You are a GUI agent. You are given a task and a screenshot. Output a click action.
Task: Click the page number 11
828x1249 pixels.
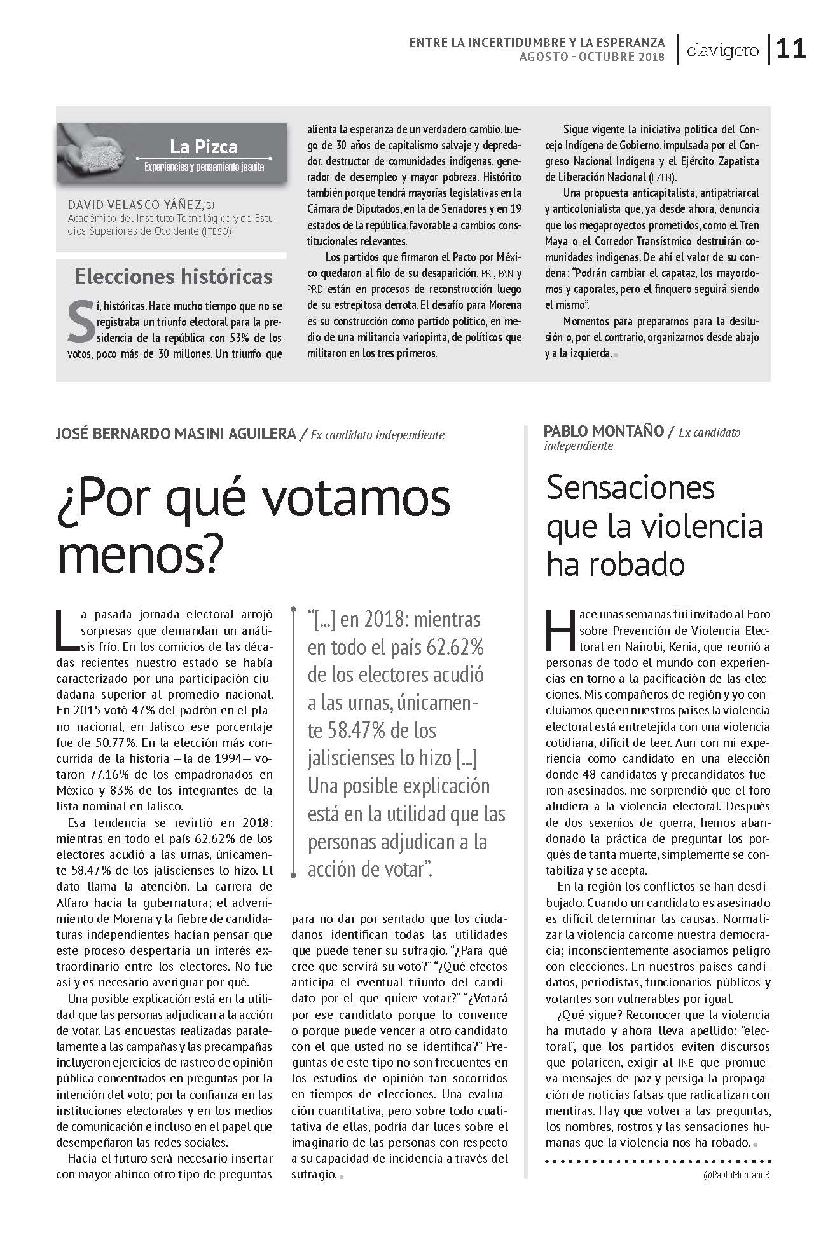pos(790,49)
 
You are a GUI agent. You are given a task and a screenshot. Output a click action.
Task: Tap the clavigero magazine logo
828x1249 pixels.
pos(722,51)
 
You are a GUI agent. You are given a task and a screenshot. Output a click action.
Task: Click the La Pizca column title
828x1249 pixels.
pos(204,147)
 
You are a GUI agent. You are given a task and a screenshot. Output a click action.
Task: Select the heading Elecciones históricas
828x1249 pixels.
pos(173,276)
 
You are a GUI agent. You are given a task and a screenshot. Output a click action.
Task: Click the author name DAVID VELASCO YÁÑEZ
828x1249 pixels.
pos(135,205)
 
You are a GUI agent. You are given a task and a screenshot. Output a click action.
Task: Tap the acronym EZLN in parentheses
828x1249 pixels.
pos(661,177)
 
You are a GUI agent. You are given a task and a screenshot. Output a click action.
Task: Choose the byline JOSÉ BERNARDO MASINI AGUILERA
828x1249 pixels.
pos(176,434)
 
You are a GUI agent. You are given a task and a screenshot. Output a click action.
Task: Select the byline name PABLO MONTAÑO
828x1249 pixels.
pos(602,431)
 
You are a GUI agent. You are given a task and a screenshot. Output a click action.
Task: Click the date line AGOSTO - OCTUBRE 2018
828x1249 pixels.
pos(591,57)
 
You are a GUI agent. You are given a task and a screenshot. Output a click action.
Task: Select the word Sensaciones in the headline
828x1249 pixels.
pos(630,488)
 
